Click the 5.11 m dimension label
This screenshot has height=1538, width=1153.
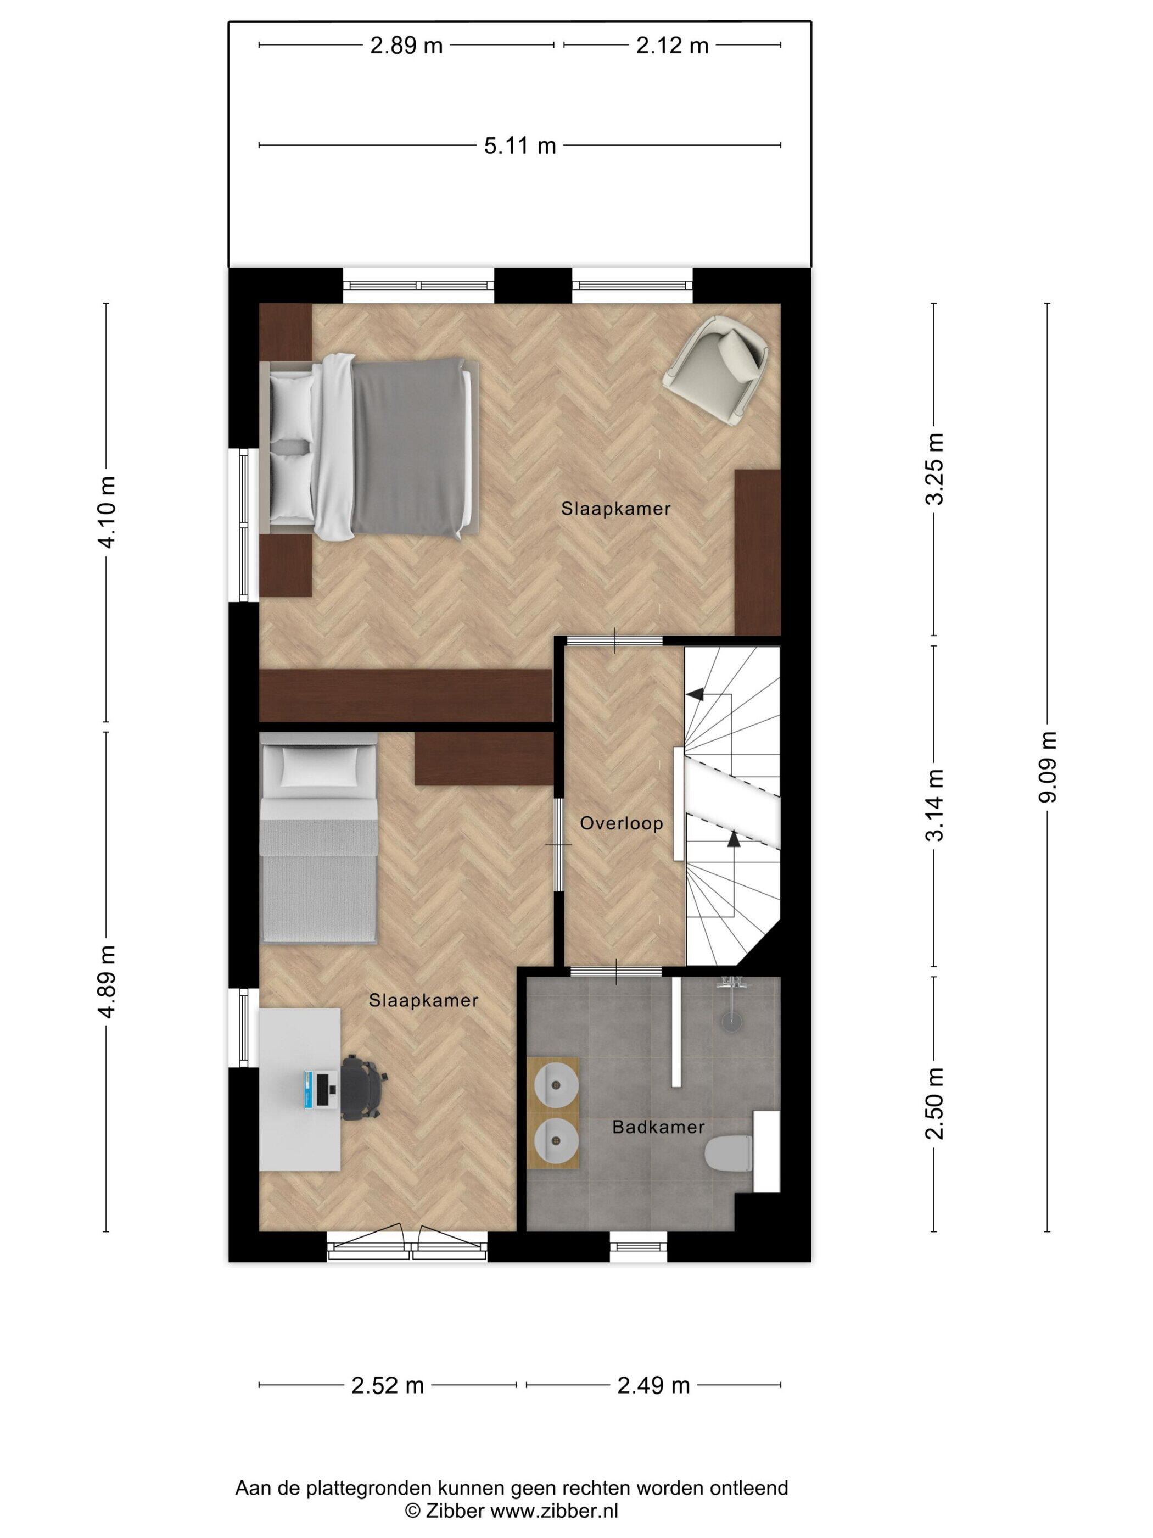coord(520,146)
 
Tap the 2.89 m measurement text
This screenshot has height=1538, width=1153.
coord(407,46)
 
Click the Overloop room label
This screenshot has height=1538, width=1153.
coord(622,823)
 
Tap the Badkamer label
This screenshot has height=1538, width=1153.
coord(658,1127)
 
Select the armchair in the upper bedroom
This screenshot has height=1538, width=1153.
coord(716,369)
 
